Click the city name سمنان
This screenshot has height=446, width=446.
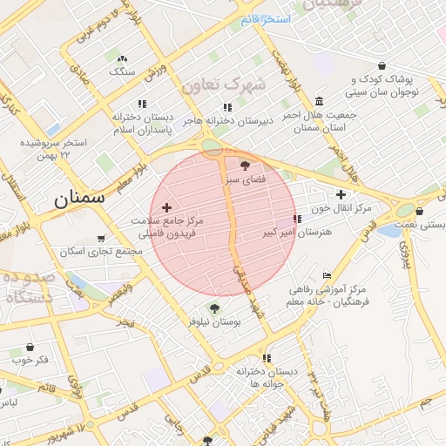[x=79, y=198]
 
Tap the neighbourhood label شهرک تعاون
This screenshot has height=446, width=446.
[x=222, y=84]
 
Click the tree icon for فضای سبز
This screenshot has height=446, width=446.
[x=244, y=166]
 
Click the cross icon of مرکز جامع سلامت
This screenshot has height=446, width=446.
[x=167, y=207]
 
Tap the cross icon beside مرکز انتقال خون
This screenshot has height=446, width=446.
[x=340, y=194]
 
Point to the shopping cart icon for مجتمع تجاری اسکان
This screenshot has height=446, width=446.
[x=101, y=238]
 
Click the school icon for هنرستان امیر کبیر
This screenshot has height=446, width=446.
[x=297, y=220]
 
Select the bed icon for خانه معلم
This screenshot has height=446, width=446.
[x=327, y=275]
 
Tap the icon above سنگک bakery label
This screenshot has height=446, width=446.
[x=121, y=58]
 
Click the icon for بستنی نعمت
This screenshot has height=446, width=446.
[x=420, y=210]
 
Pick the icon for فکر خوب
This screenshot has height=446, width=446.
[x=30, y=347]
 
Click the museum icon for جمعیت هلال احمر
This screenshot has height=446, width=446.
[x=320, y=100]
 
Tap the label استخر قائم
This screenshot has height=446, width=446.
[x=266, y=18]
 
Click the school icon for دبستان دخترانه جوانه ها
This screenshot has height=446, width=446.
[x=266, y=357]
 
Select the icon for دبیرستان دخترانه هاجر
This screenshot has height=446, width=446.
[x=227, y=107]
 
